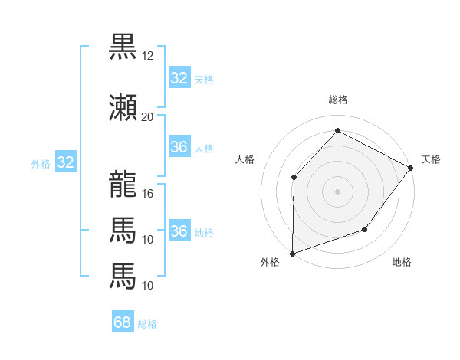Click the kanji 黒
[123, 47]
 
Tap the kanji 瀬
[123, 108]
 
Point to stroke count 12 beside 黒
[148, 56]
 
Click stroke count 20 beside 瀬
[148, 117]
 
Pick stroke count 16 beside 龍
[148, 194]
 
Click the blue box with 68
[123, 322]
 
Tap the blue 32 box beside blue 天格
[179, 78]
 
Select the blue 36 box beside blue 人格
[179, 147]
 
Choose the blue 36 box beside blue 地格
[179, 231]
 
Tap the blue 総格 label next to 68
[148, 324]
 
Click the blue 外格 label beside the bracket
[41, 163]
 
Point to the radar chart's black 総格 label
[337, 100]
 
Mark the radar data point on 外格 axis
[292, 253]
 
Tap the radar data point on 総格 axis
[337, 131]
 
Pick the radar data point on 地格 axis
[365, 229]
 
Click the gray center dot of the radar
[337, 191]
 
